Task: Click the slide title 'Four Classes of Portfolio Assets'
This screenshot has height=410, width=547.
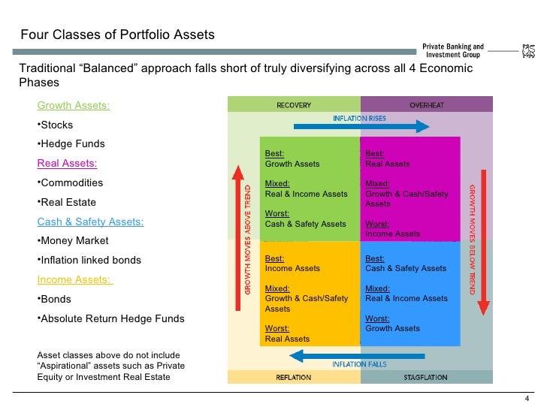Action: pos(117,35)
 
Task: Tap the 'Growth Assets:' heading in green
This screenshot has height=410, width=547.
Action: pos(74,105)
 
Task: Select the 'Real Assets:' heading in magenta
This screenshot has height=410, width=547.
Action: pos(67,163)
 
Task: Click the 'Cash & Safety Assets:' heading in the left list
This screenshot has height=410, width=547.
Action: pos(90,222)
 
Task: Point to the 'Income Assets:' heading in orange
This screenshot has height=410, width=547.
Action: pos(75,280)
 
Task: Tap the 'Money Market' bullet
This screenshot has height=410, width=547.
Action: pos(74,241)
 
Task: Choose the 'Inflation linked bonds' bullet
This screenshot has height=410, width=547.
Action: pos(91,261)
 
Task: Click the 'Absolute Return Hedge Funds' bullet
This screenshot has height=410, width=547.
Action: pos(113,318)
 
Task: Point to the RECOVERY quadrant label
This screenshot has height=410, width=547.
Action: pos(295,105)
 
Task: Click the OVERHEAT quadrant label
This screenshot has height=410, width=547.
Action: pos(427,105)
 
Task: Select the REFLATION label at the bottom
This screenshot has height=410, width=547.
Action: pos(294,377)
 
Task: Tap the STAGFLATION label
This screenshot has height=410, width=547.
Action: pos(427,377)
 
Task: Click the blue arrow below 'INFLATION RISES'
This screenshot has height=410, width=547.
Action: pos(361,128)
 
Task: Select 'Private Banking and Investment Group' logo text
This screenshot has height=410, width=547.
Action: pos(454,50)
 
